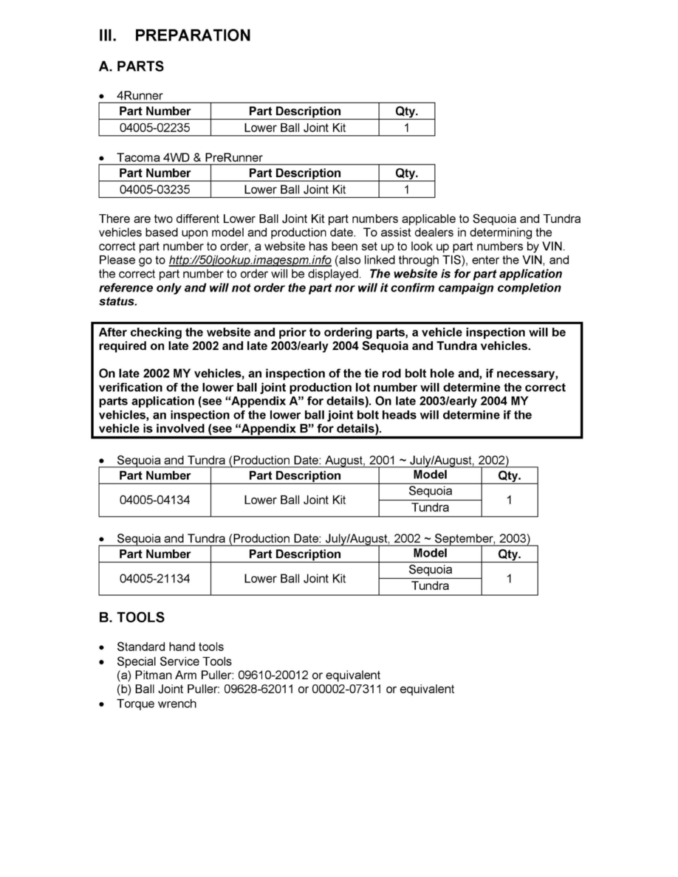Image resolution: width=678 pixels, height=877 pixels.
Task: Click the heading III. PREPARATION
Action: coord(175,35)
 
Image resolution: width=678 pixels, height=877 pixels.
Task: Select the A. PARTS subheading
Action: coord(131,66)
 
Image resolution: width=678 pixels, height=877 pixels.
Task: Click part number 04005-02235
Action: coord(154,128)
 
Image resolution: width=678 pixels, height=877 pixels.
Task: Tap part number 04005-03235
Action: coord(154,190)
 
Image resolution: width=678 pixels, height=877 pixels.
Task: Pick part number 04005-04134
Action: coord(154,500)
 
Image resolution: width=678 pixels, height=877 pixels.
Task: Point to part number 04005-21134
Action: coord(154,579)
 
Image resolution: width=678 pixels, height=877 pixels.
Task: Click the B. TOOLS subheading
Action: coord(131,617)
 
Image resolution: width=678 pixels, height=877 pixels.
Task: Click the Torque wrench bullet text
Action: coord(157,704)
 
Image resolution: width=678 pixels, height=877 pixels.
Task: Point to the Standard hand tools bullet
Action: coord(170,647)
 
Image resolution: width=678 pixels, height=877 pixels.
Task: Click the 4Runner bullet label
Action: coord(140,96)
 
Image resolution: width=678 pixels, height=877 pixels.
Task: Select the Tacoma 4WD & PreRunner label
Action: coord(190,158)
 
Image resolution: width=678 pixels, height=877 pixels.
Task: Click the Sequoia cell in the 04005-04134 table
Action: coord(430,492)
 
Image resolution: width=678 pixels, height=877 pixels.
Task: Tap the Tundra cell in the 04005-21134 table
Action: coord(430,587)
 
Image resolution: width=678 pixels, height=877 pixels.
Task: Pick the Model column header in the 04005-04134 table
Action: coord(430,475)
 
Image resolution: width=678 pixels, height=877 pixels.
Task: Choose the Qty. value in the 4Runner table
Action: coord(406,128)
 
